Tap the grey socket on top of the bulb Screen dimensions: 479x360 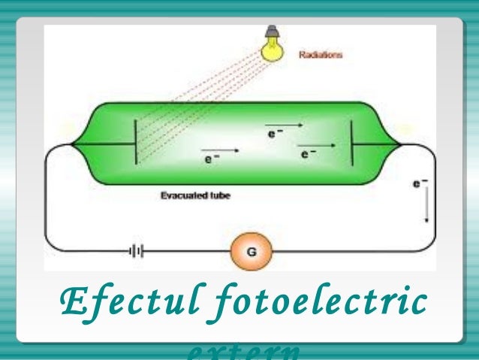pos(271,32)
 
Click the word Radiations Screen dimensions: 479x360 pos(321,54)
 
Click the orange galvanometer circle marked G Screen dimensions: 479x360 pos(249,252)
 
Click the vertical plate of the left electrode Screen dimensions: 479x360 pos(136,141)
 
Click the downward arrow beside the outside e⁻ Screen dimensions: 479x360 pos(426,208)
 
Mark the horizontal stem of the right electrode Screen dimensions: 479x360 pos(375,144)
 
